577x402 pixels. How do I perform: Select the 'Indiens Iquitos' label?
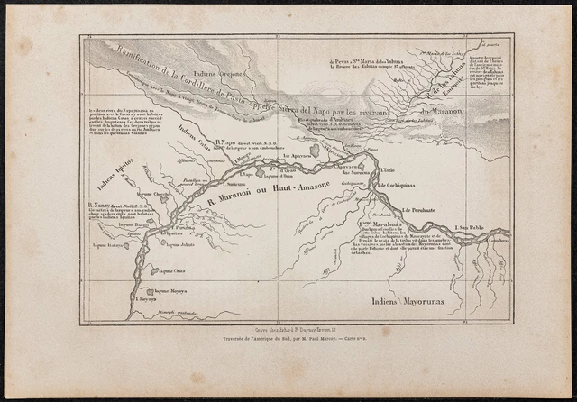[114, 170]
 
